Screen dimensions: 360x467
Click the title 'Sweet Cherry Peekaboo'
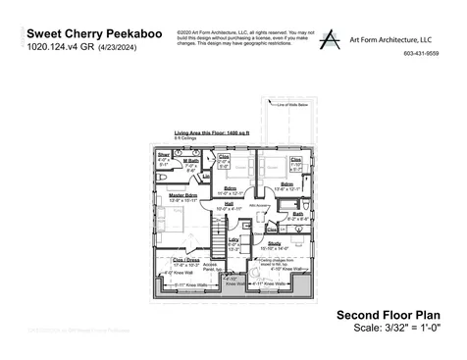(x=85, y=31)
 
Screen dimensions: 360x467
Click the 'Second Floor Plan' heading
(x=390, y=314)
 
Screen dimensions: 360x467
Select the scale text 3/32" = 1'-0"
(x=410, y=327)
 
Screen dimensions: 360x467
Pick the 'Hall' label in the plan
(x=228, y=204)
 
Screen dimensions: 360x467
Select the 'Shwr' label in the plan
(x=164, y=155)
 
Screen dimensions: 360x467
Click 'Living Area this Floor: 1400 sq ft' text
(x=211, y=130)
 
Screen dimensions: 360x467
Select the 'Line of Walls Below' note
(x=285, y=104)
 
